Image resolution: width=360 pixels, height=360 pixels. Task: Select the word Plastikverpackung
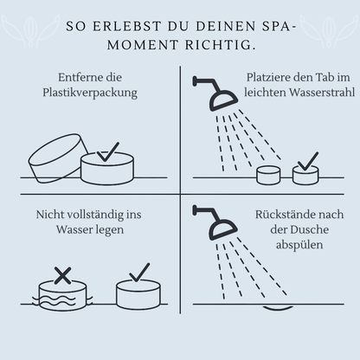(x=90, y=93)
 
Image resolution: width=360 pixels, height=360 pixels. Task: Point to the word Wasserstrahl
(x=322, y=93)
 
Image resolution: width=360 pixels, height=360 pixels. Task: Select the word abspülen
(x=299, y=245)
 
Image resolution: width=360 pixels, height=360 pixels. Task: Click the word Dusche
(x=309, y=230)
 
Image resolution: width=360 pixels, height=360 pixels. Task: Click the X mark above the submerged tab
(x=62, y=275)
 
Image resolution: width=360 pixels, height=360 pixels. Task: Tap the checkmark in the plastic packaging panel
(x=108, y=151)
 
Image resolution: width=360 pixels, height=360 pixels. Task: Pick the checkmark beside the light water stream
(x=308, y=162)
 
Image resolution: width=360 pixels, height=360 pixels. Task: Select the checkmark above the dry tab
(x=139, y=273)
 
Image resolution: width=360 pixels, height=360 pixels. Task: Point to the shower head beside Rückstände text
(x=216, y=223)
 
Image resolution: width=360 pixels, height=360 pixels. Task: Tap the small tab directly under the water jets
(x=268, y=175)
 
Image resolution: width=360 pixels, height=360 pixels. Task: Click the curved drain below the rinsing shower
(x=278, y=307)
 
